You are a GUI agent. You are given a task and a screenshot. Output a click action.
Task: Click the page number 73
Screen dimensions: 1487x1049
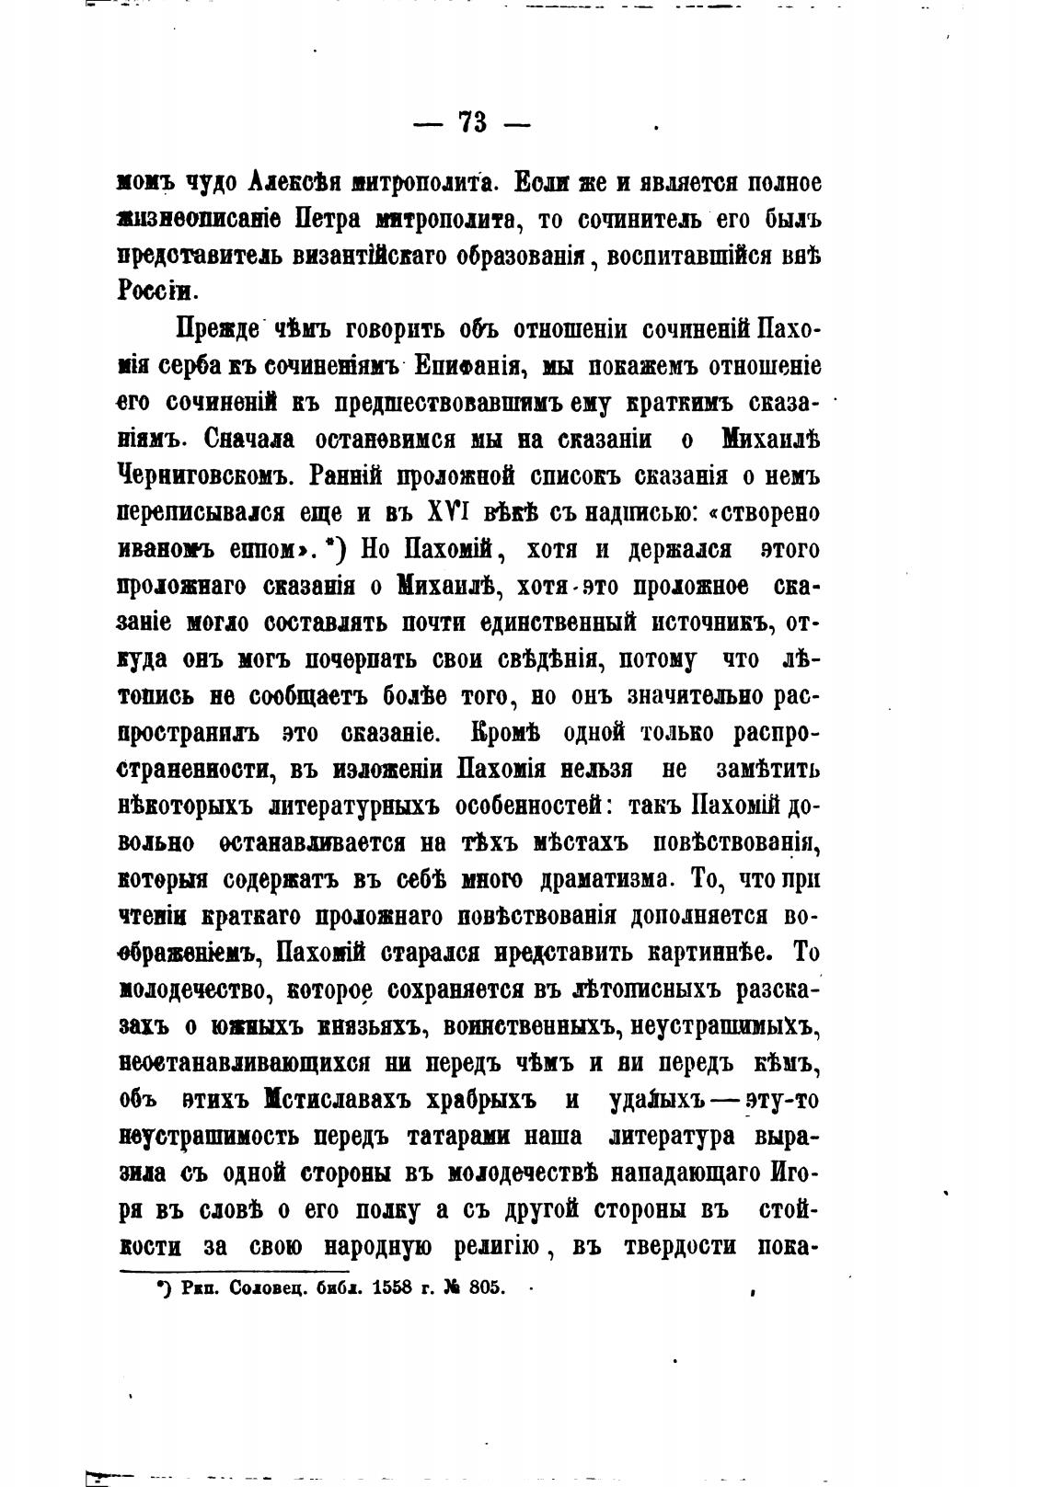pos(473,124)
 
